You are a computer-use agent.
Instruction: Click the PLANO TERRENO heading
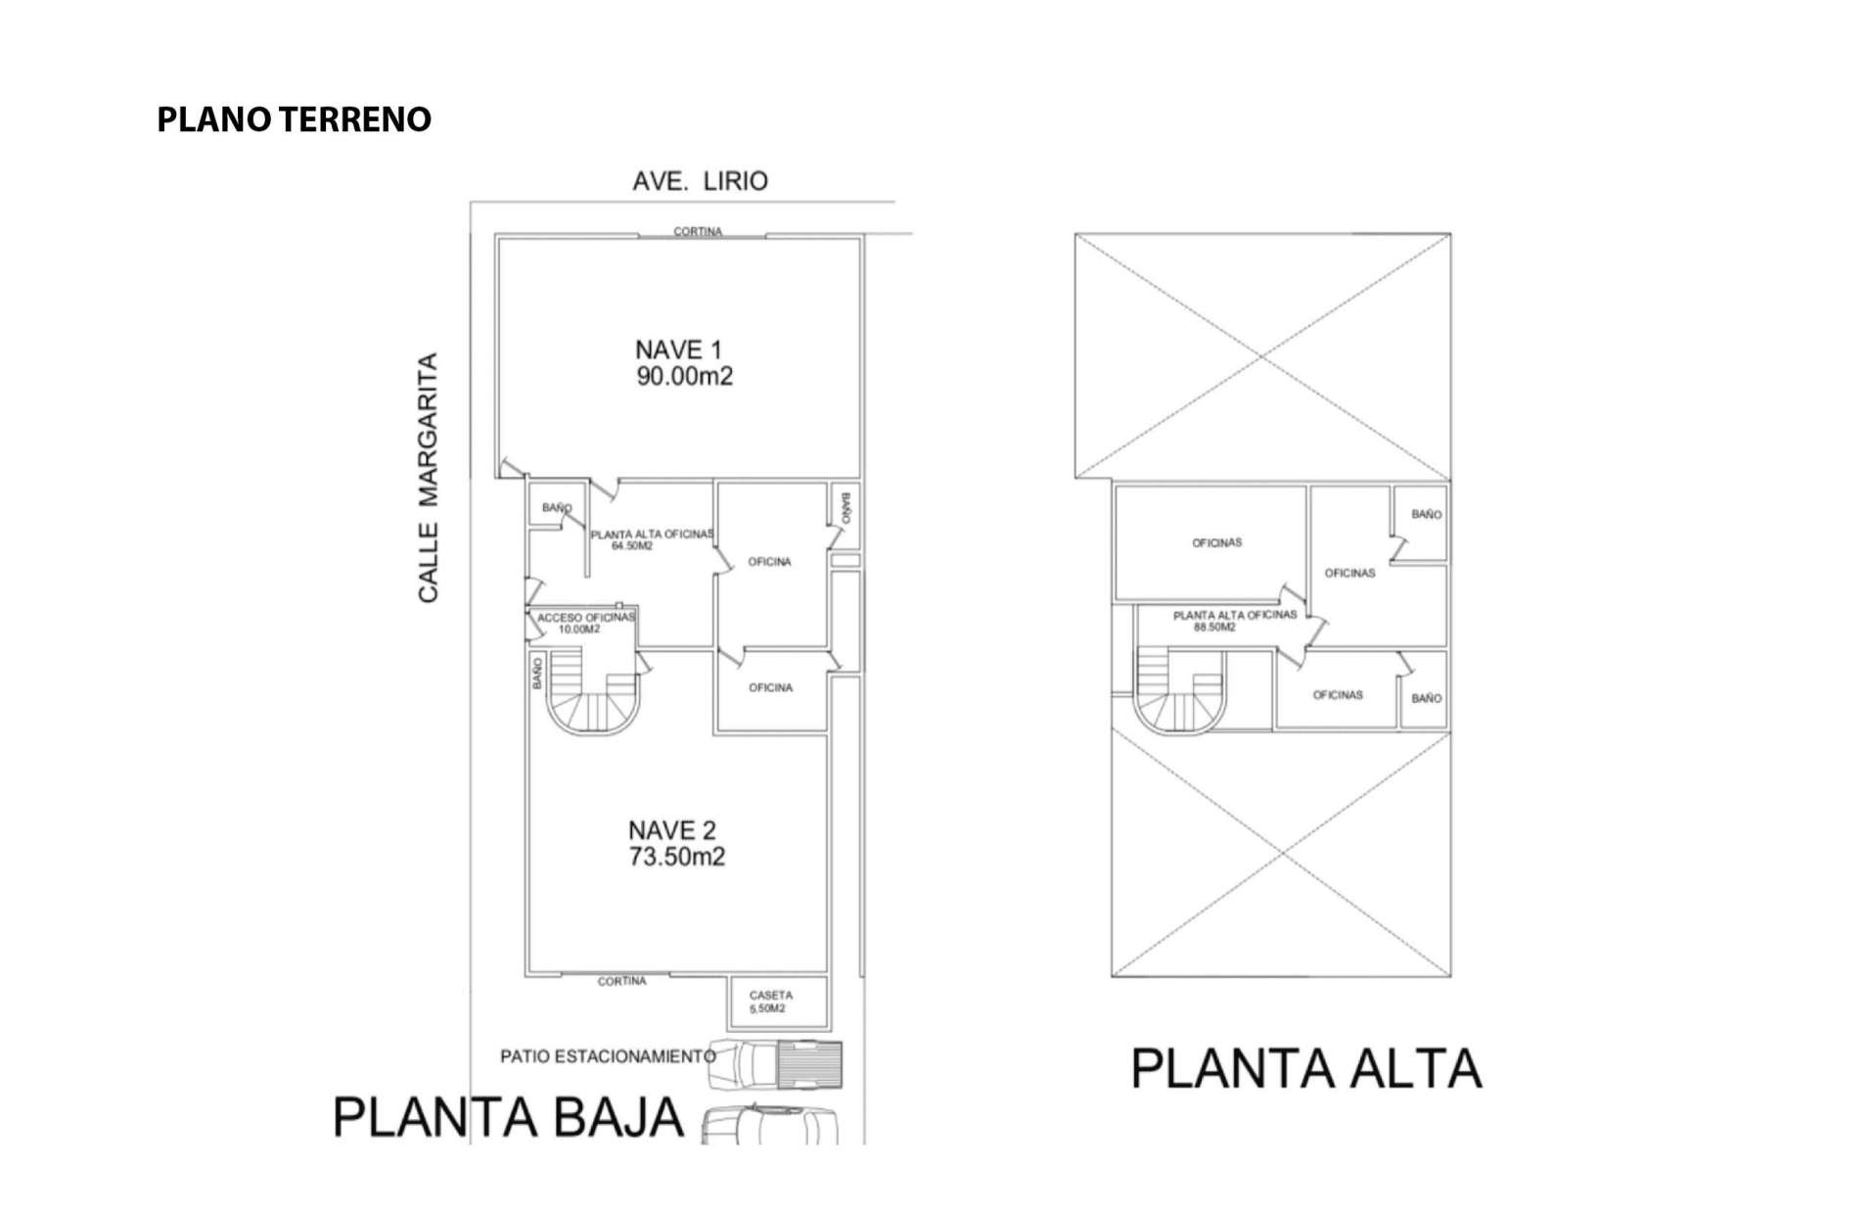[294, 119]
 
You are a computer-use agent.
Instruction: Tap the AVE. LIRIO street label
[700, 181]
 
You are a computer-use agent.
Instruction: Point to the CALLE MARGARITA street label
[429, 478]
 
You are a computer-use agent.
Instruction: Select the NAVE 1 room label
[678, 350]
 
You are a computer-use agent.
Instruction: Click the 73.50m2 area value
[677, 858]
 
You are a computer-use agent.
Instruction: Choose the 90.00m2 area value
[685, 376]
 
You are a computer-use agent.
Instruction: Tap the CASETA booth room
[779, 1002]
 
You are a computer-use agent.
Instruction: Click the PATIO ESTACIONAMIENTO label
[608, 1056]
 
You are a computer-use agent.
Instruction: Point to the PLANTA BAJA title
[508, 1117]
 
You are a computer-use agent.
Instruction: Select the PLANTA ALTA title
[1306, 1068]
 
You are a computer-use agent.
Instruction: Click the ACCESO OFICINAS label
[586, 618]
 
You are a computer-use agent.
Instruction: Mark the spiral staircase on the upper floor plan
[1179, 690]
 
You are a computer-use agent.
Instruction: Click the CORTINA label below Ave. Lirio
[698, 232]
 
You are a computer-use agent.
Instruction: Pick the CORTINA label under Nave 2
[622, 981]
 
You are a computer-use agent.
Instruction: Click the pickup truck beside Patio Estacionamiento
[774, 1064]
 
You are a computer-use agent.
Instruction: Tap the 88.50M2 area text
[1214, 628]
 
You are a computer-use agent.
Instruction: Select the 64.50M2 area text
[632, 546]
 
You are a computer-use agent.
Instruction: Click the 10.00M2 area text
[579, 629]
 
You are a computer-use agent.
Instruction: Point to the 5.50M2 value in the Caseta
[767, 1008]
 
